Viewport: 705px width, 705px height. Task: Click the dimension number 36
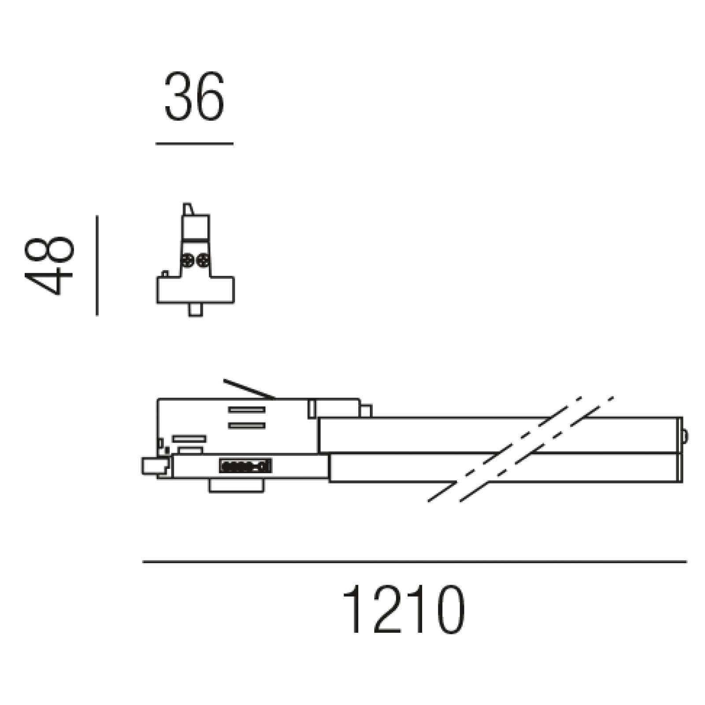click(x=194, y=96)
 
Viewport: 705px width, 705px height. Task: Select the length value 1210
click(x=403, y=609)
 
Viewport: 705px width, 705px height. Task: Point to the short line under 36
click(x=194, y=143)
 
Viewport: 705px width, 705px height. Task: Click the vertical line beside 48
click(x=97, y=266)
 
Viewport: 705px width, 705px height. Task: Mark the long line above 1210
click(x=415, y=562)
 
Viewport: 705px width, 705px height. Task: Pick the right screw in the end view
click(x=203, y=261)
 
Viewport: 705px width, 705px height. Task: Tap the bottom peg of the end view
click(x=196, y=310)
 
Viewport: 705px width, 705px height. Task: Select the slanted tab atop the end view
click(x=188, y=209)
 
